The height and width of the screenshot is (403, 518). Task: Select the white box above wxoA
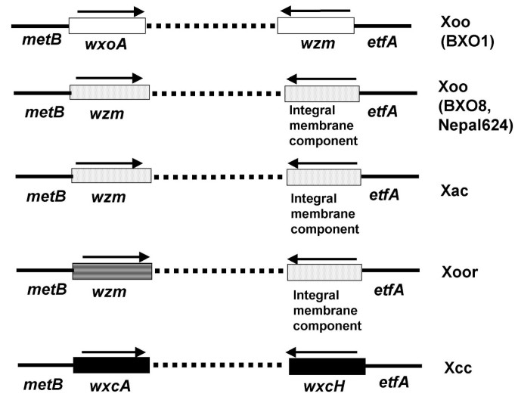click(107, 26)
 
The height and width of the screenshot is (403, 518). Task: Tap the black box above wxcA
click(111, 364)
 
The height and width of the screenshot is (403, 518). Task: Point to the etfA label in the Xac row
click(383, 195)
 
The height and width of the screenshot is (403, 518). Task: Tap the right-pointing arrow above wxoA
click(110, 11)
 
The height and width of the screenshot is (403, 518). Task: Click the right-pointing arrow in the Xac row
click(109, 163)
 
